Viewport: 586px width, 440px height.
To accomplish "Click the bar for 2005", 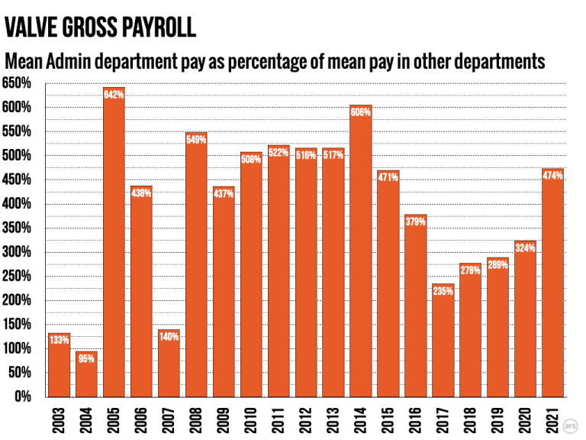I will coord(114,244).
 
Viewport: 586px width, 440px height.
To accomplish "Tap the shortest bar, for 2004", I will coord(86,374).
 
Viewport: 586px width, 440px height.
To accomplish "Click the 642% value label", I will coord(114,95).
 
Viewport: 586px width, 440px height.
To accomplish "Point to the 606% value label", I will coord(361,112).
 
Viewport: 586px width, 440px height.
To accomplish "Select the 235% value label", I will coord(443,290).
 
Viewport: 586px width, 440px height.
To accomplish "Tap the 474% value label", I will coord(553,176).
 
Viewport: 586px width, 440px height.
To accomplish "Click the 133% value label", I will coord(59,340).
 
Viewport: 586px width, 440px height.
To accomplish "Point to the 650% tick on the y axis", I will coord(17,83).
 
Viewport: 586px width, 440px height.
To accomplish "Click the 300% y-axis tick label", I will coord(17,252).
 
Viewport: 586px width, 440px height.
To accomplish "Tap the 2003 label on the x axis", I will coord(59,419).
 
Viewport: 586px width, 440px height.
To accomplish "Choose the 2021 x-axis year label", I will coord(553,419).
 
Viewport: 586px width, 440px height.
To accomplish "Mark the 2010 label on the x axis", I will coord(251,419).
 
